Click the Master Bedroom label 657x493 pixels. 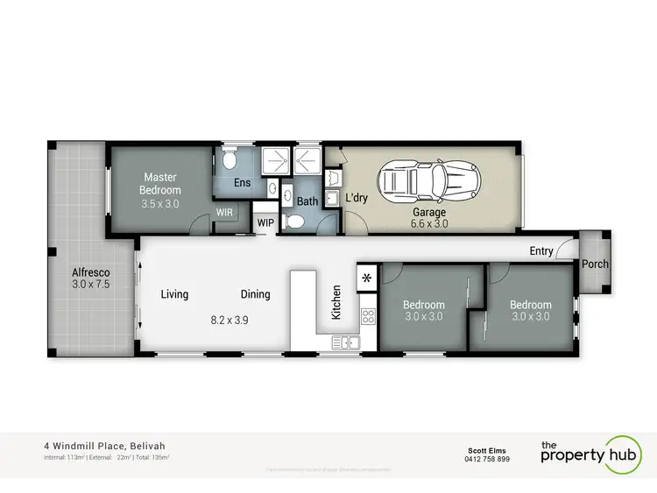tap(161, 183)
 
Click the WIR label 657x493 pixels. tap(224, 212)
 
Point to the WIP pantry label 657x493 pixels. tap(265, 223)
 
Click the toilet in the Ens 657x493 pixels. tap(229, 160)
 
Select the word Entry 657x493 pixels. tap(540, 251)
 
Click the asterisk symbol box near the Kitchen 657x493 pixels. tap(366, 277)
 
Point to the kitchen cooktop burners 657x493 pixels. tap(368, 316)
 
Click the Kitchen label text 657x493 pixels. tap(335, 301)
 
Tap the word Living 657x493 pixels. tap(174, 294)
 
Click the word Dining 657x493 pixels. tap(256, 294)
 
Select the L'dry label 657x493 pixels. tap(356, 198)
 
